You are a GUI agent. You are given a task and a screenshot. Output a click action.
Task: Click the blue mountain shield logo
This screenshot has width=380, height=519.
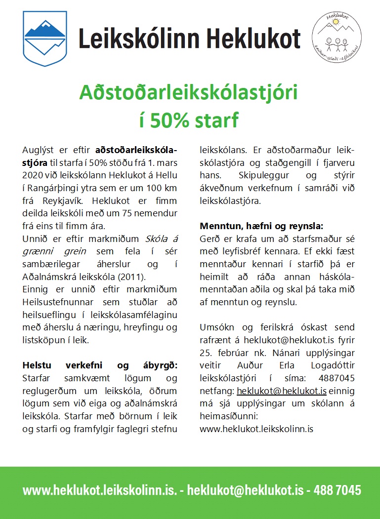(x=45, y=39)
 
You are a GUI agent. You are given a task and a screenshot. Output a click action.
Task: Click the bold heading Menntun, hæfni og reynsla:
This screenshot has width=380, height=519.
(x=261, y=226)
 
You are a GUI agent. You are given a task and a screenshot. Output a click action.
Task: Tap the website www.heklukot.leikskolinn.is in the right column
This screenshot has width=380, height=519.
(x=256, y=429)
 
